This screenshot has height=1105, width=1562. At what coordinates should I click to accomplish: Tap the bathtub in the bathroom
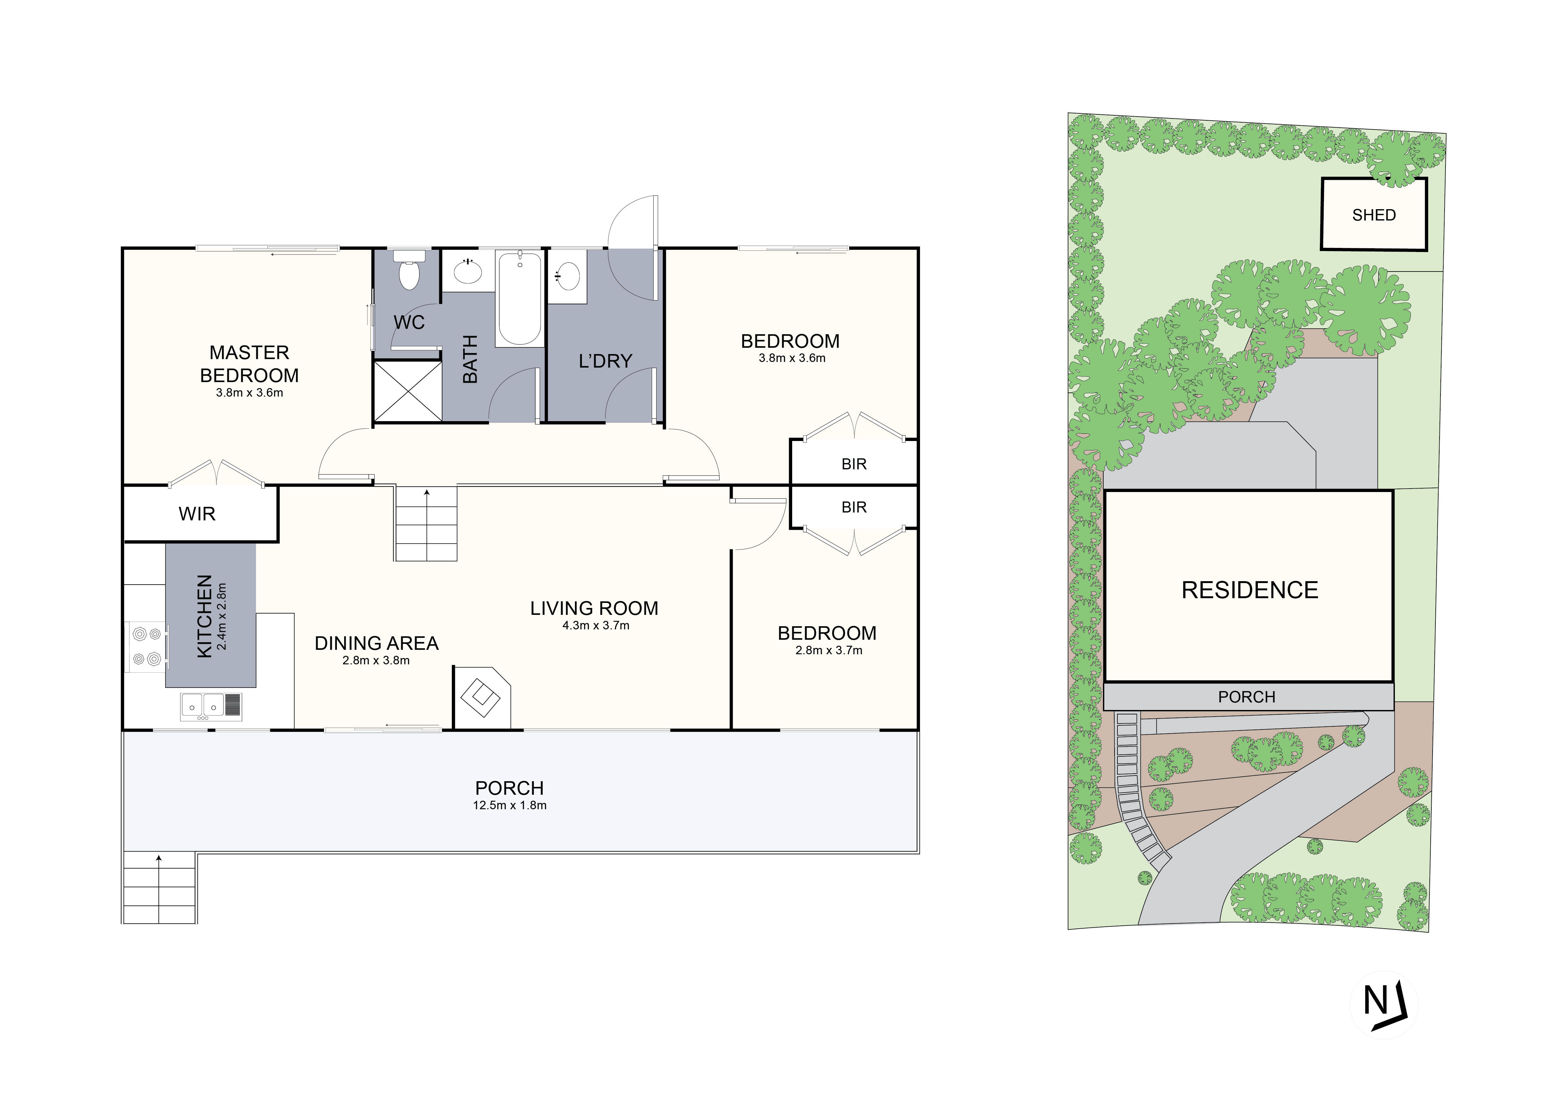520,299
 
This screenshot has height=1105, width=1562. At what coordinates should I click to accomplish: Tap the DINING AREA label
376,643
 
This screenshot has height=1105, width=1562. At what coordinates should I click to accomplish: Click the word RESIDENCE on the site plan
1249,590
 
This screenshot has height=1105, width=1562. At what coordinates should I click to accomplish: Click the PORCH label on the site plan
1246,697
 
